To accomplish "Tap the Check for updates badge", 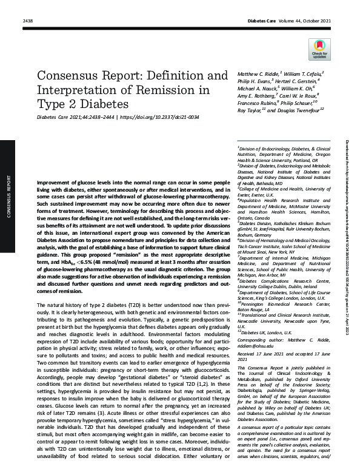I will click(x=319, y=49).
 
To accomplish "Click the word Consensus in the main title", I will click(x=68, y=77).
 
